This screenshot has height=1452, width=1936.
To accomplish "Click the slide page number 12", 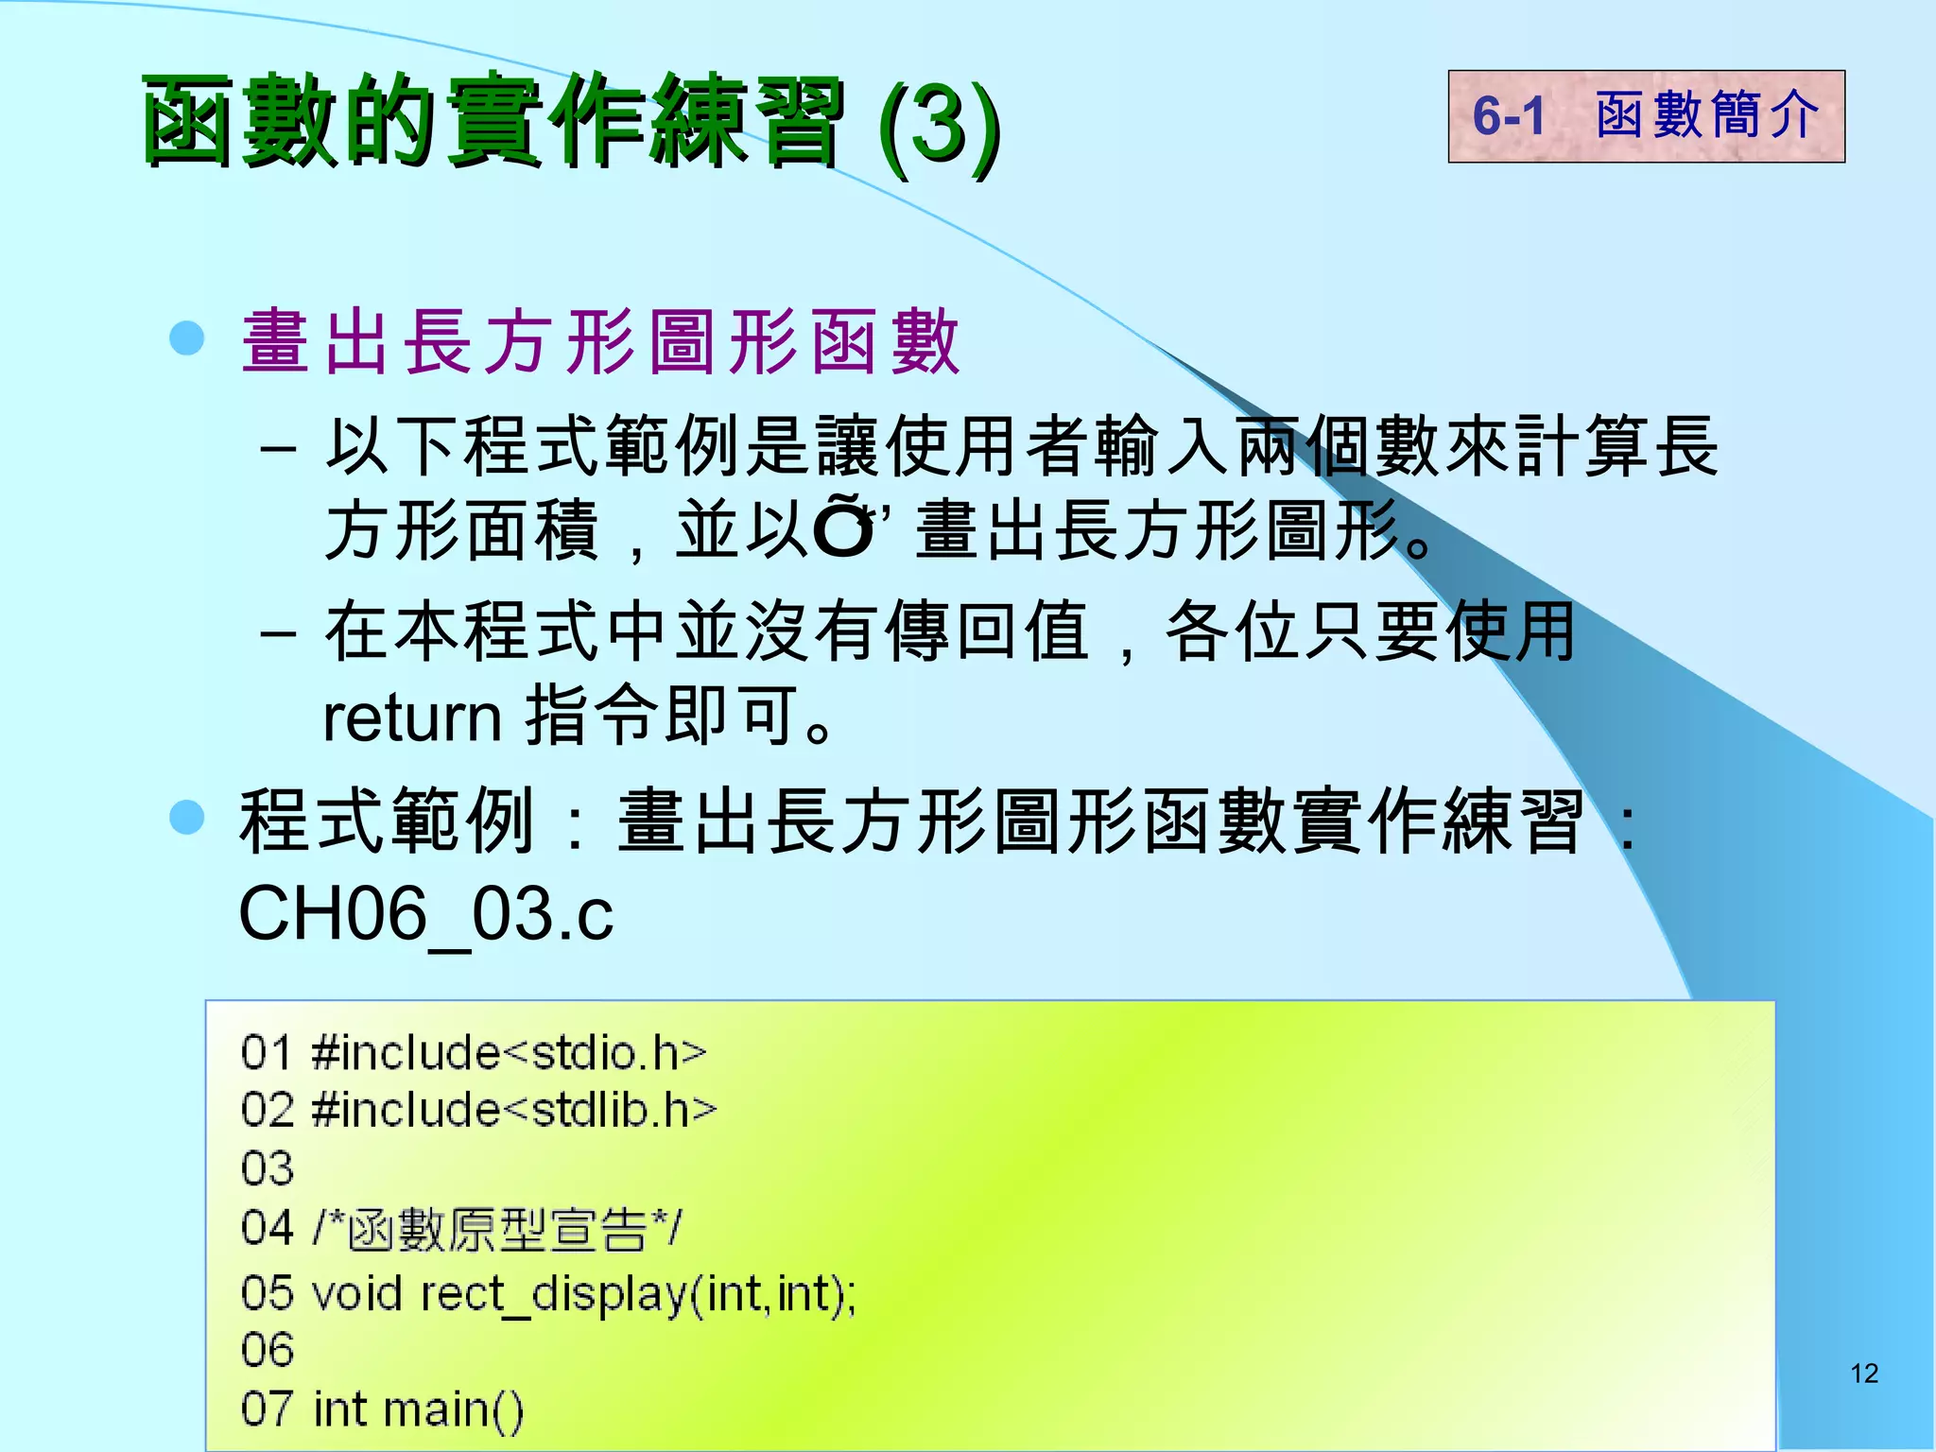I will [1863, 1373].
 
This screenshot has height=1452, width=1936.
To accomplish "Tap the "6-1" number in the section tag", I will [1509, 116].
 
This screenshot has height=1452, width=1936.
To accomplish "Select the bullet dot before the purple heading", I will [187, 337].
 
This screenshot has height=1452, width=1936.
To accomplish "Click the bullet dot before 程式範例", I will [187, 817].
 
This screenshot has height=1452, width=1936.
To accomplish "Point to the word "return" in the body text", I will [412, 718].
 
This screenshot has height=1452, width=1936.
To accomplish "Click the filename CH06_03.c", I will [426, 914].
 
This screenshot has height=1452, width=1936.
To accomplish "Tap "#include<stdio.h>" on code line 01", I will [509, 1052].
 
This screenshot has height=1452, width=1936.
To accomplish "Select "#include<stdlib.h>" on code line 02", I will [514, 1110].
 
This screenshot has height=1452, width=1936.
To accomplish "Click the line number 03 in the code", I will [268, 1168].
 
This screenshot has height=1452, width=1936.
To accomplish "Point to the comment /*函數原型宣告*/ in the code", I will [497, 1229].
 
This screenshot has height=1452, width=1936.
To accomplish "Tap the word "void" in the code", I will [356, 1292].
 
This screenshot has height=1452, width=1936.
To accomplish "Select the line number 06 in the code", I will [268, 1350].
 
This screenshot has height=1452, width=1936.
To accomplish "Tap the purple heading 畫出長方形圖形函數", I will [601, 341].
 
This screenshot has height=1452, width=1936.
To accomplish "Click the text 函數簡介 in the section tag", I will [1707, 116].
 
